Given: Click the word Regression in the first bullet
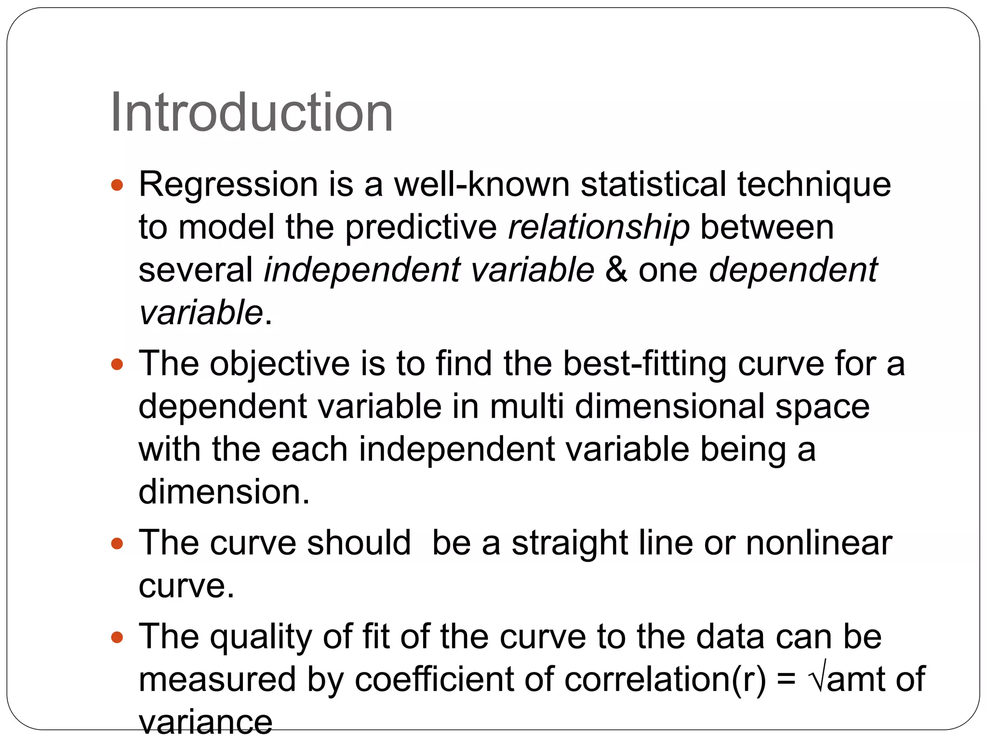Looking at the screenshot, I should pos(228,185).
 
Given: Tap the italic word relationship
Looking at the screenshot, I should pos(599,227).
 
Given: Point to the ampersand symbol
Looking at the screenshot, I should pos(616,269).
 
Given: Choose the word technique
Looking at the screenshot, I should pos(814,185).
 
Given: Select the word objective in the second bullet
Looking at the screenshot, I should pos(280,364).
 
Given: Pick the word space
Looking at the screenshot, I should pos(822,407).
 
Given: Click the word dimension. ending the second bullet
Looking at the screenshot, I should pos(224,491).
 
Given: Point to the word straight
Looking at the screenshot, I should pos(570,543).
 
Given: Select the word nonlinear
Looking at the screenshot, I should pos(819,543).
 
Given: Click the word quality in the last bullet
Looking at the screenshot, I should pos(261,637).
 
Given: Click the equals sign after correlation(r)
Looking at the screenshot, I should pos(787,679).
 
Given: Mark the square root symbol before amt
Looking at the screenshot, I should pos(817,677).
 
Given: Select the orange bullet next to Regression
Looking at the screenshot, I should pos(117,185).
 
